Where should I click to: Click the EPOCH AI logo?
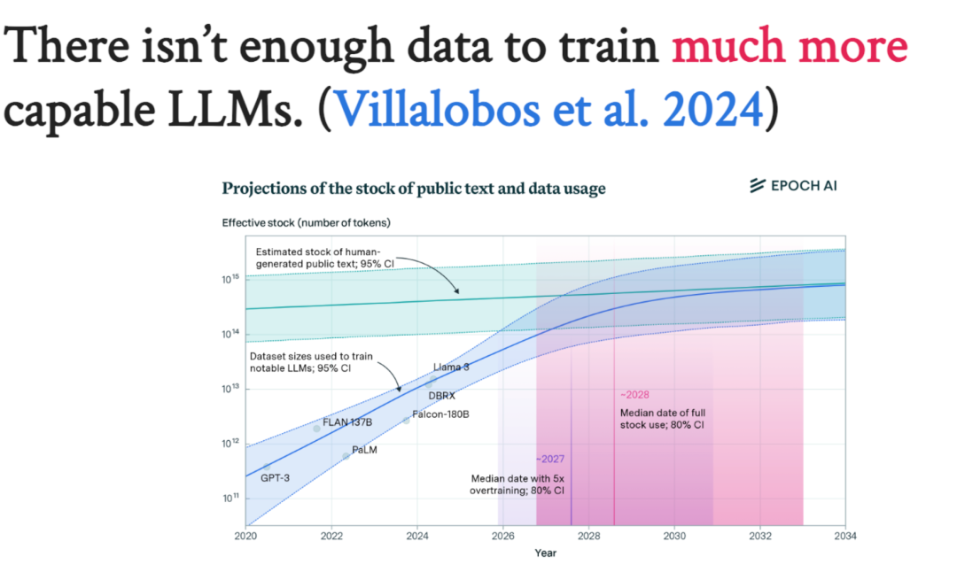point(793,185)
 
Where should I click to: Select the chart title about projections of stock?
point(413,188)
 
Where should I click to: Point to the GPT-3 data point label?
point(275,478)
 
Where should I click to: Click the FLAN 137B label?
point(347,422)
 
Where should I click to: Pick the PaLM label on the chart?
point(365,450)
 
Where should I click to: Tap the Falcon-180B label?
point(440,414)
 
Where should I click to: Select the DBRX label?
point(441,396)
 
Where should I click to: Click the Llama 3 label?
point(452,367)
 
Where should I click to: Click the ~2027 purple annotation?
point(549,459)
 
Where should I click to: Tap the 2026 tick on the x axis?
point(502,536)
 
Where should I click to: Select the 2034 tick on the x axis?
point(844,536)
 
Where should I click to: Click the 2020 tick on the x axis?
point(245,536)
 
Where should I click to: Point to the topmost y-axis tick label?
point(230,279)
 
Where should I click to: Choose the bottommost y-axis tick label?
point(230,499)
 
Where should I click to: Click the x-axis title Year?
point(545,553)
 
